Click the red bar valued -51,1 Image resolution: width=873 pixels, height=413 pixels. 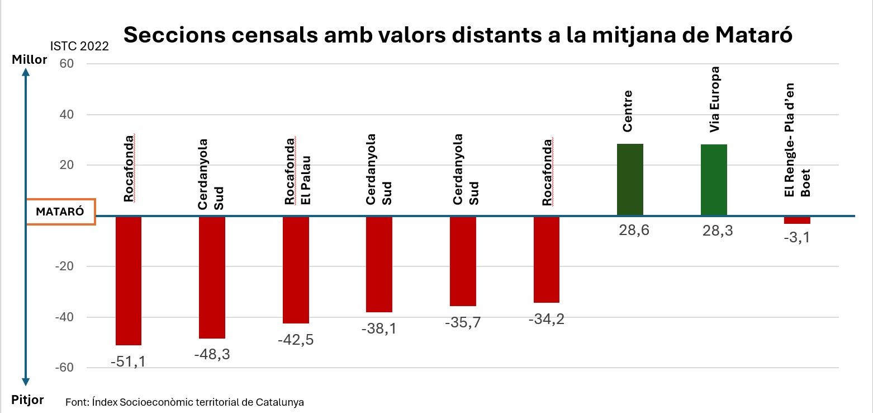(128, 280)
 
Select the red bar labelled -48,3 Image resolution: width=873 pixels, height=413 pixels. (212, 277)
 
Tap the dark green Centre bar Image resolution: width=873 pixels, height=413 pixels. (630, 179)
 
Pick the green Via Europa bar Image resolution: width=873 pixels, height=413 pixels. (714, 180)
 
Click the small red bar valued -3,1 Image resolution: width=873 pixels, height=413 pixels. (797, 220)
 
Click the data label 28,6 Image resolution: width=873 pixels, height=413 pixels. (630, 231)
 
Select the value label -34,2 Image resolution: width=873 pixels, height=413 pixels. (546, 319)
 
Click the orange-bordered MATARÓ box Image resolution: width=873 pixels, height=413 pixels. (60, 212)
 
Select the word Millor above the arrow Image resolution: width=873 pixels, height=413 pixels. (29, 59)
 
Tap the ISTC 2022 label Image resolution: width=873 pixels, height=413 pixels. (79, 46)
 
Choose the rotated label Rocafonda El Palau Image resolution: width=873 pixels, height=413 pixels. (297, 171)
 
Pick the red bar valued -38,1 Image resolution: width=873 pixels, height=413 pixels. (379, 264)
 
